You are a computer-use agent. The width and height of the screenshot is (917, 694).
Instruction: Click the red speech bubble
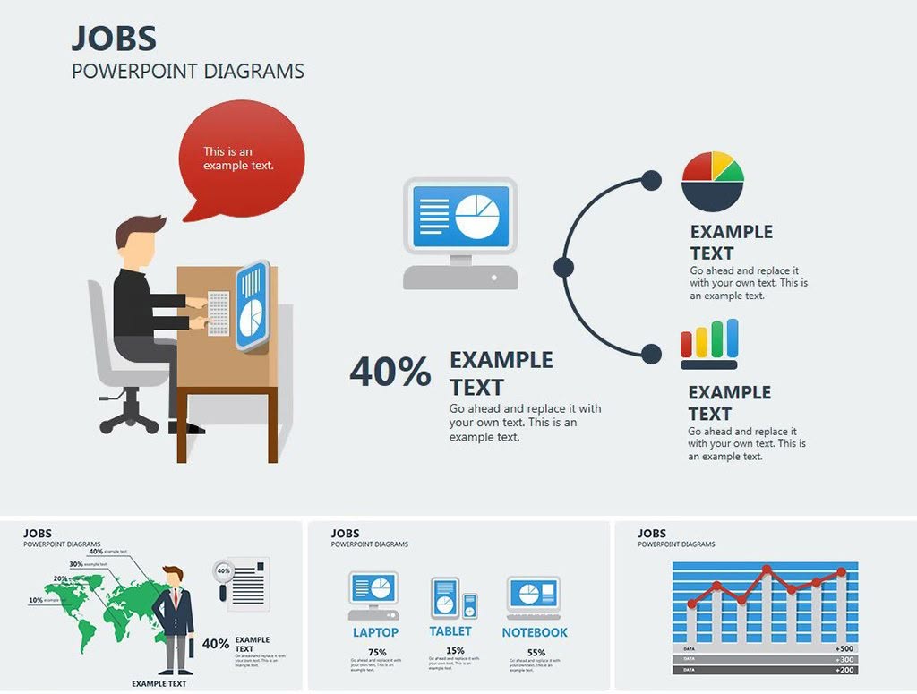click(241, 157)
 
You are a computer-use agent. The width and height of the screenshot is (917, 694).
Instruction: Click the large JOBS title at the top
click(114, 39)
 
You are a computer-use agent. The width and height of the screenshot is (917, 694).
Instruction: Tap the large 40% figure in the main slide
click(390, 373)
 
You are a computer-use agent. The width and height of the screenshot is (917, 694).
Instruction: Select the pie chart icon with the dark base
click(713, 181)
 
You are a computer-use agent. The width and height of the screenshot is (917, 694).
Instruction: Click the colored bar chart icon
click(709, 344)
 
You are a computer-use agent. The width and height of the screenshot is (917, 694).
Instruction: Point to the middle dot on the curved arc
click(563, 267)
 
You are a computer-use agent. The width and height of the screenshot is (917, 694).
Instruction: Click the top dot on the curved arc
click(652, 180)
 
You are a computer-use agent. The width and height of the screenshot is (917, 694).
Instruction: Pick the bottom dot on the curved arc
click(652, 354)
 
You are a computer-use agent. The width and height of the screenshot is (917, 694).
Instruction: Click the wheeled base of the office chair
click(130, 411)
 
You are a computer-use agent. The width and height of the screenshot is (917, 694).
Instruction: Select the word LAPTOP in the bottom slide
click(375, 632)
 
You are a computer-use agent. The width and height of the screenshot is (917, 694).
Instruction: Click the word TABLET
click(450, 632)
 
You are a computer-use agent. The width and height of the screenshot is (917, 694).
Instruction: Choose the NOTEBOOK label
click(535, 632)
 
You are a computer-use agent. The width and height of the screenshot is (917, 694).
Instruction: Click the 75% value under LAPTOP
click(376, 652)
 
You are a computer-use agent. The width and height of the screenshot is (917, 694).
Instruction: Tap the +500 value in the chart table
click(844, 648)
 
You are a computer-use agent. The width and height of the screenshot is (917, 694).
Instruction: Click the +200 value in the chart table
click(844, 670)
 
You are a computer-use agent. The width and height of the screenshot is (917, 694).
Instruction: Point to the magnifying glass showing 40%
click(223, 573)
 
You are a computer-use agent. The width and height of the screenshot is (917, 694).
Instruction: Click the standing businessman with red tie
click(175, 618)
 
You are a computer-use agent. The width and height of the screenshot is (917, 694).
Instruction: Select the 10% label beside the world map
click(36, 600)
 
